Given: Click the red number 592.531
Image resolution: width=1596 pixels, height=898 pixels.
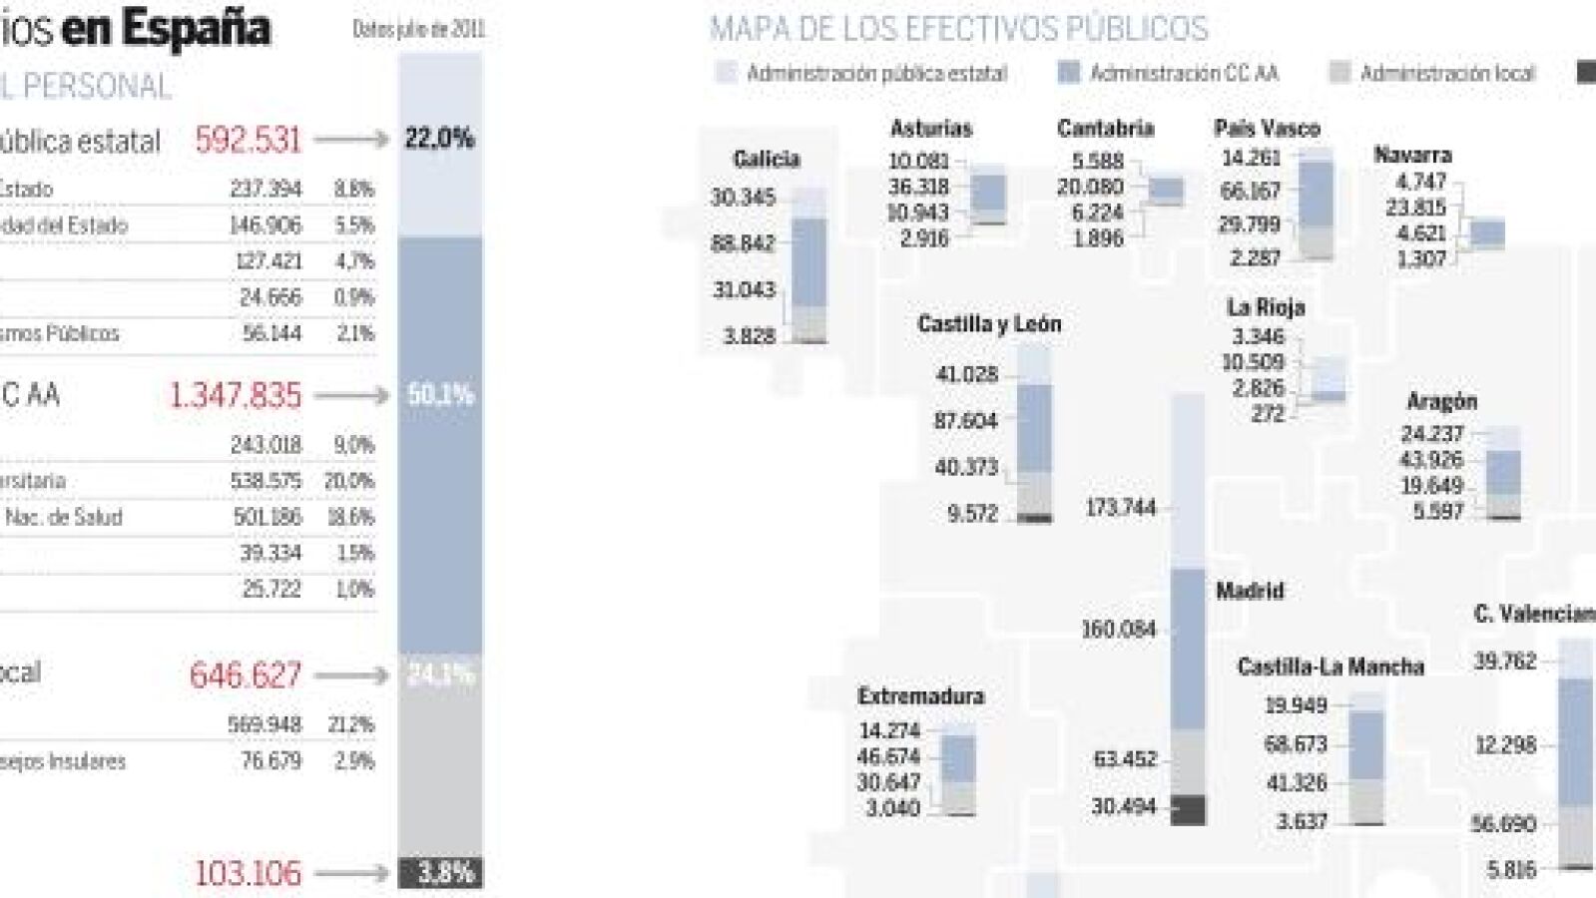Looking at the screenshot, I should click(248, 140).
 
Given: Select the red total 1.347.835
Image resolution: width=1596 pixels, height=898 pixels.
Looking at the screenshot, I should click(235, 396).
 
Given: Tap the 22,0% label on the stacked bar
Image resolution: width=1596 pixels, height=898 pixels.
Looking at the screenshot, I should click(439, 139).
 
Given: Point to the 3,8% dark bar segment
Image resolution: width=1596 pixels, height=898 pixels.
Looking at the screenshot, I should click(440, 873).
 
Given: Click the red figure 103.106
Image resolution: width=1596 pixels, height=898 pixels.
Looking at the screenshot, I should click(248, 873).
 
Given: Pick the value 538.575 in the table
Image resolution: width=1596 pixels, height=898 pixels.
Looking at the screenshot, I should click(266, 481).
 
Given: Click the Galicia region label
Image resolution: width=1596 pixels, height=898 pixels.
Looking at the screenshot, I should click(766, 159).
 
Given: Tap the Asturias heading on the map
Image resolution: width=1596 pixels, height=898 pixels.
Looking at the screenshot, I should click(930, 129).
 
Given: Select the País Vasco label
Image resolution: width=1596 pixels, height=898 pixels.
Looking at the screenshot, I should click(1267, 129).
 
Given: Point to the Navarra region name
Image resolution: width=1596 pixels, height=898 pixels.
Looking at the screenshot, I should click(1412, 155).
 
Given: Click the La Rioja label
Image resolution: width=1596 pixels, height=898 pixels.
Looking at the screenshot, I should click(1266, 307).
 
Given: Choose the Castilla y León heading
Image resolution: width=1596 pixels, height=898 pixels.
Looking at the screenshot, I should click(989, 324).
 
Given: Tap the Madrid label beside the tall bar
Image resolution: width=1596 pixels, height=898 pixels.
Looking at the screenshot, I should click(1250, 591).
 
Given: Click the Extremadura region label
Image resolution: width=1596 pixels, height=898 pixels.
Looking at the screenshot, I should click(920, 695).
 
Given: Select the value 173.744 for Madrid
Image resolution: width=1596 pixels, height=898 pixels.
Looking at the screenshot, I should click(1120, 508).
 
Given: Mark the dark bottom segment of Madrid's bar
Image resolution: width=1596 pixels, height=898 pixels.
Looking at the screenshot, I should click(1187, 809).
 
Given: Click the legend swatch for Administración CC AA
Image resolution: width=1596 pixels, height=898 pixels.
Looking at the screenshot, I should click(1068, 73).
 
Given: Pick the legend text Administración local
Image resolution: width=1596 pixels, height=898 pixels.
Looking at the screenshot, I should click(1447, 73).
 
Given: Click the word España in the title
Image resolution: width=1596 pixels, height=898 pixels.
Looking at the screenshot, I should click(196, 27).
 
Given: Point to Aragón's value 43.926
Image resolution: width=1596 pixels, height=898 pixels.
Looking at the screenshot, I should click(1431, 460).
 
